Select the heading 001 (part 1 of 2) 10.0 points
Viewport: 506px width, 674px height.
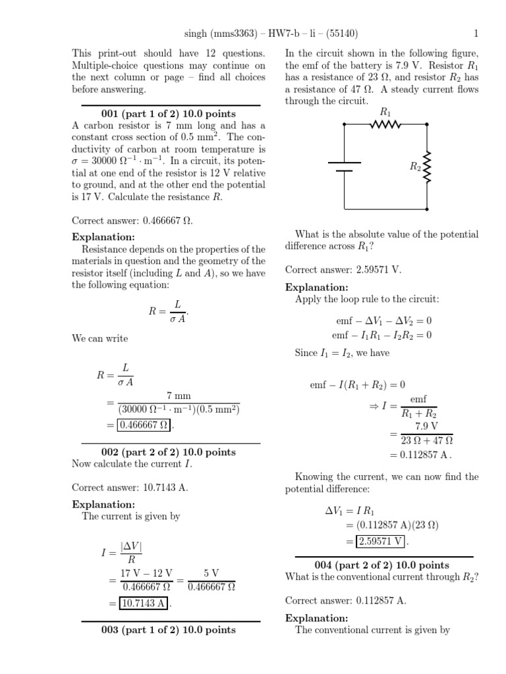coord(171,113)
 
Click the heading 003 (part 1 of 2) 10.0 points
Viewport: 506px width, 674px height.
coord(168,630)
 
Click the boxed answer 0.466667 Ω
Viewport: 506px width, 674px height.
coord(144,425)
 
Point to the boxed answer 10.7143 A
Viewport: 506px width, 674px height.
coord(144,602)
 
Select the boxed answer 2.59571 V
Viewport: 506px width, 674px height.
coord(381,541)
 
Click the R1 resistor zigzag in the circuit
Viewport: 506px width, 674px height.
coord(386,124)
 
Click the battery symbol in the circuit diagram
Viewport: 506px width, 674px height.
coord(344,167)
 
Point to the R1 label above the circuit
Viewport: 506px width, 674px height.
coord(386,112)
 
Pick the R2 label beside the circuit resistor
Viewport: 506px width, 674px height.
coord(415,167)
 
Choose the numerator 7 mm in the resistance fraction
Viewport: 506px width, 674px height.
coord(179,396)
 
